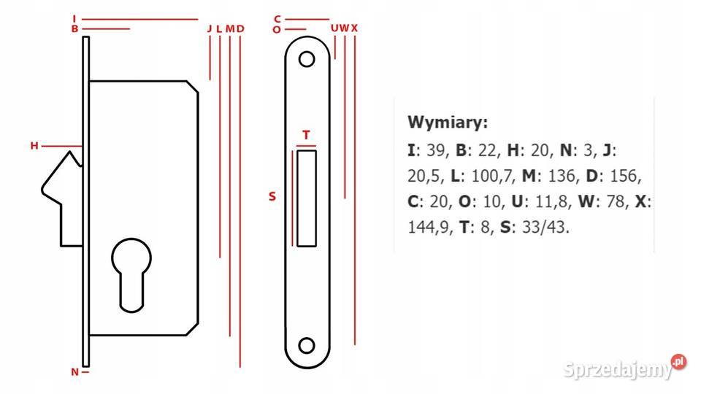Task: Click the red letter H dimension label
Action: click(34, 146)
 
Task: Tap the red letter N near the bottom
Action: click(74, 371)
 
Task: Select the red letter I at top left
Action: click(74, 19)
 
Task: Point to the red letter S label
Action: click(272, 196)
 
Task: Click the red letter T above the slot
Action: click(306, 134)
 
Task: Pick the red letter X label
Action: click(355, 28)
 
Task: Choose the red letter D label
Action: click(240, 28)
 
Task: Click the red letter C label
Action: click(277, 19)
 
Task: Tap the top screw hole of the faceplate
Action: click(307, 59)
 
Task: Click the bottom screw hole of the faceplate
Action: click(307, 346)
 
